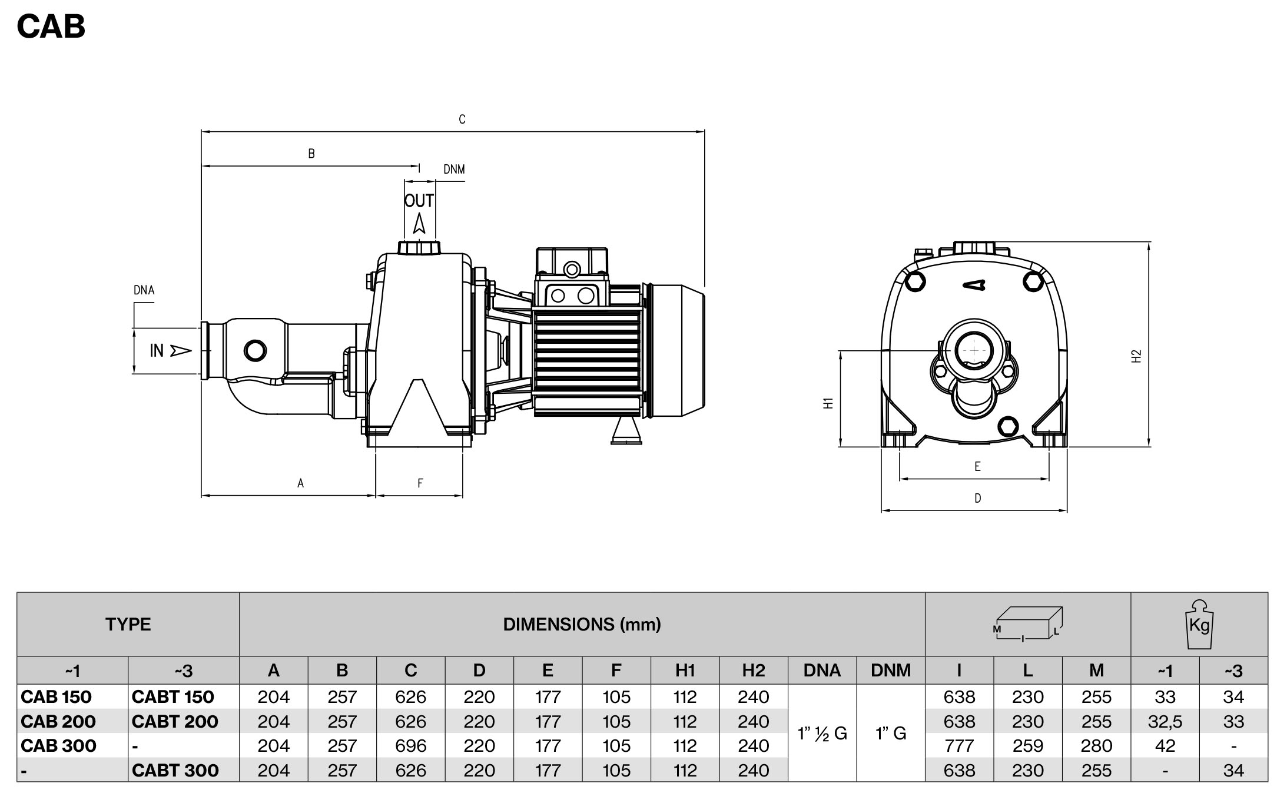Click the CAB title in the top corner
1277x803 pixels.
tap(51, 26)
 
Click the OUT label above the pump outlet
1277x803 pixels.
tap(419, 201)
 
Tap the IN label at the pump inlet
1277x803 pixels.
tap(157, 350)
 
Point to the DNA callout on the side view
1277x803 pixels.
tap(144, 290)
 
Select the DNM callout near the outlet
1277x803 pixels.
tap(454, 170)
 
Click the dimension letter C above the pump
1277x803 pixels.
tap(462, 120)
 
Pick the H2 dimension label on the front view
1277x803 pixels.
tap(1136, 356)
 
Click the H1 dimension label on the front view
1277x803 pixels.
tap(828, 403)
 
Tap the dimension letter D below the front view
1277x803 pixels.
tap(978, 499)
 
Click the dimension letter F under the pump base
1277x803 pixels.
tap(420, 483)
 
